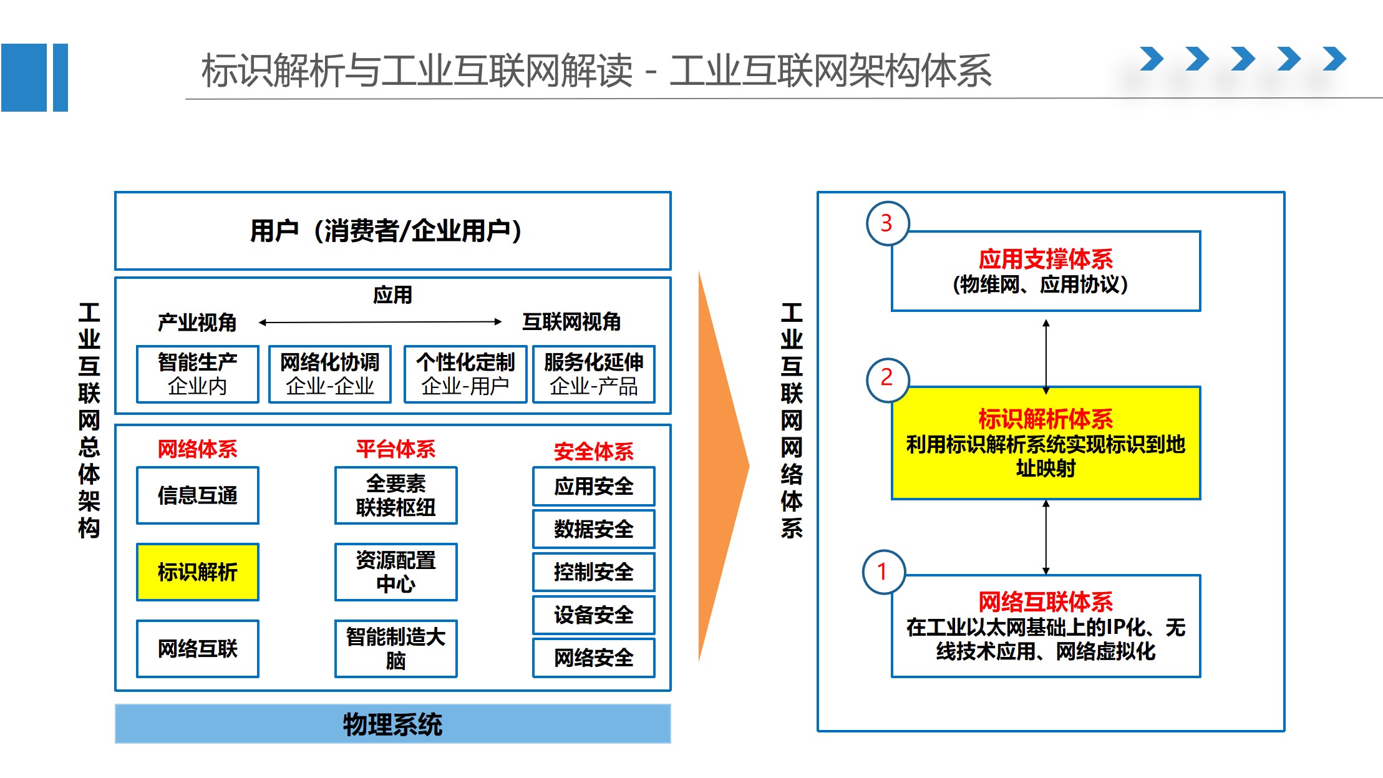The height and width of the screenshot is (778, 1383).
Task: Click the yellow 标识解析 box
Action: click(197, 571)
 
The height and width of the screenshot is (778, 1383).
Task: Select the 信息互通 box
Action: click(197, 495)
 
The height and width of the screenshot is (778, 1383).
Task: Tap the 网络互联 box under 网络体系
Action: click(197, 648)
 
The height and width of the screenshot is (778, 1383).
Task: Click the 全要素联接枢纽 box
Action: click(395, 495)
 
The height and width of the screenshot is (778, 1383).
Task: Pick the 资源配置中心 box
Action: click(395, 571)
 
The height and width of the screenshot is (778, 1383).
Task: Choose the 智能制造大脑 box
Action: click(395, 648)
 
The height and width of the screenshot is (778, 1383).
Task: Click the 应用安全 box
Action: click(593, 486)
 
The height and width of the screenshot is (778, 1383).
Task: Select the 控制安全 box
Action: click(593, 571)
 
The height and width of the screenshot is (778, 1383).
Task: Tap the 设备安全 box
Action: click(593, 615)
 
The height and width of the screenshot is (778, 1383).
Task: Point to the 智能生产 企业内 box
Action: click(197, 374)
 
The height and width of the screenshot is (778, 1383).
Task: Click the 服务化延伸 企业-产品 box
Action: click(593, 374)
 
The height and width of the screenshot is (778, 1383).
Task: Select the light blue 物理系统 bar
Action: click(392, 724)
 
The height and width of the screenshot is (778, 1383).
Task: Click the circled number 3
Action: click(887, 223)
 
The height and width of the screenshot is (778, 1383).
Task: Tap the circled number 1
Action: click(883, 571)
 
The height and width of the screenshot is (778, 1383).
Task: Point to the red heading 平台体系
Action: click(395, 449)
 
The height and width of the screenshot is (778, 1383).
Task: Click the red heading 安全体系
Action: click(593, 451)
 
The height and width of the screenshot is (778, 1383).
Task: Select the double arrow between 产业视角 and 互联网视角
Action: click(380, 322)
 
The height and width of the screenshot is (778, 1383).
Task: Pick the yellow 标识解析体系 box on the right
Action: click(1046, 443)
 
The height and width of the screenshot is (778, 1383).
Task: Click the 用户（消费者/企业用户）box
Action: click(392, 231)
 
